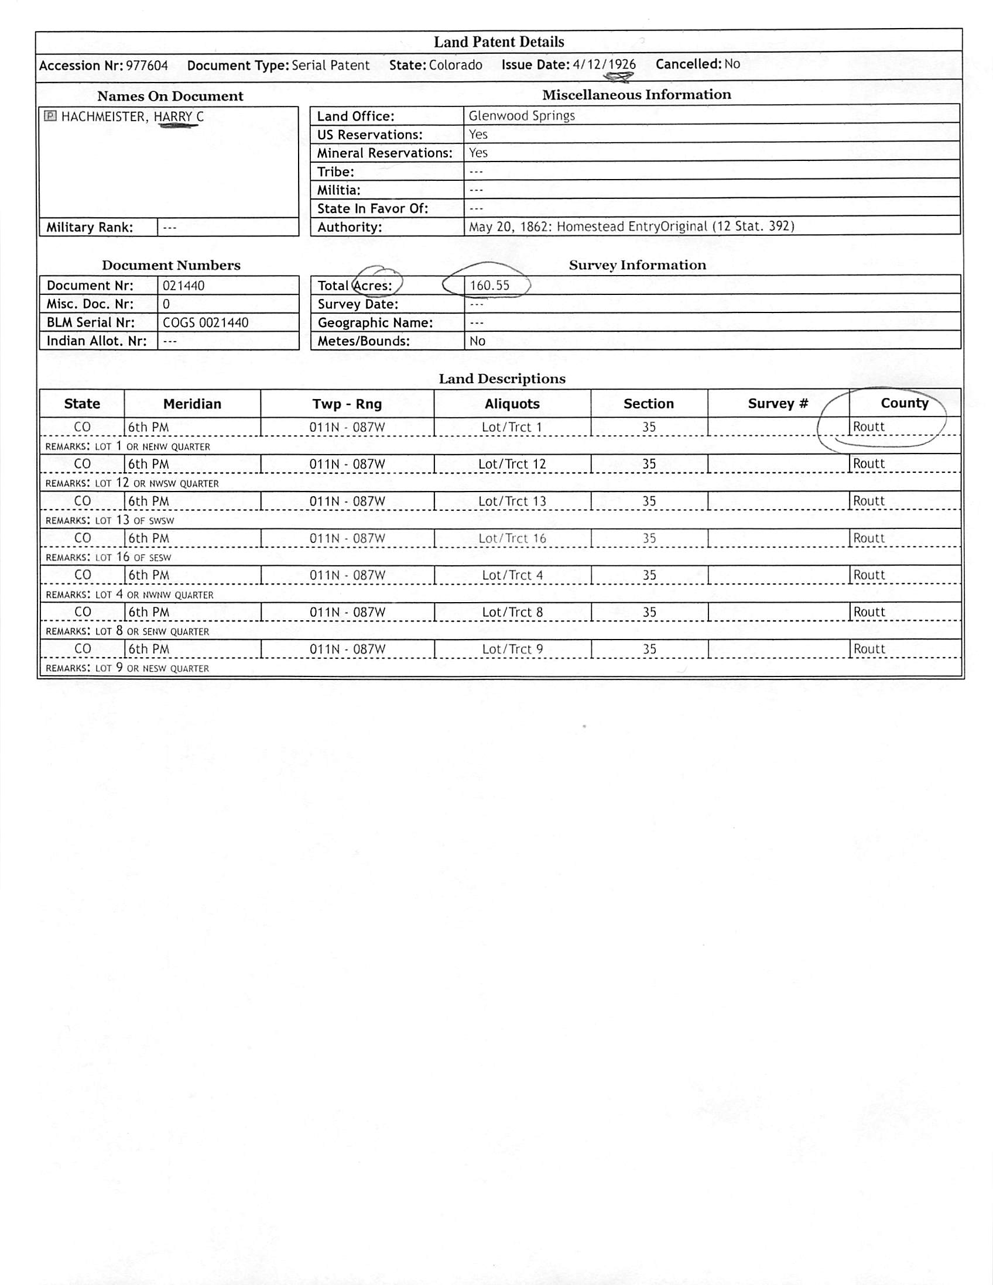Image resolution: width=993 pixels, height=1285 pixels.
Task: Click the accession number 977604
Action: click(146, 66)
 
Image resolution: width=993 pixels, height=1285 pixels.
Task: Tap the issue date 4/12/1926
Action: click(604, 64)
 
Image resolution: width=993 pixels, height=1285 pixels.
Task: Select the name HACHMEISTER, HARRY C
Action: click(132, 116)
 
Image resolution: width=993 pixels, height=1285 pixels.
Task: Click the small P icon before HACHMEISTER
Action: click(50, 116)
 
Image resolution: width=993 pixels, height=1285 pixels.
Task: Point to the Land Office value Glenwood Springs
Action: click(522, 115)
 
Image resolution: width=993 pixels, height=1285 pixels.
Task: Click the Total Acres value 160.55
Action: click(489, 286)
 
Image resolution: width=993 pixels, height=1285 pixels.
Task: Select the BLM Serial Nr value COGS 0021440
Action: click(206, 322)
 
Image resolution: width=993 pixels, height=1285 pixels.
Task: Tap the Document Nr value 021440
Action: click(184, 286)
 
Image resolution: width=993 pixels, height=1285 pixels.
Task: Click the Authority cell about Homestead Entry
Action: click(631, 226)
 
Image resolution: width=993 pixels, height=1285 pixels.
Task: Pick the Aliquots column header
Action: click(512, 404)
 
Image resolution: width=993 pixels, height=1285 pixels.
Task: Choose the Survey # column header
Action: click(778, 404)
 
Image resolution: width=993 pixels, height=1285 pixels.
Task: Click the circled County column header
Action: click(904, 403)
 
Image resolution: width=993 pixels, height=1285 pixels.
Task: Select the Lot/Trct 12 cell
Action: click(512, 463)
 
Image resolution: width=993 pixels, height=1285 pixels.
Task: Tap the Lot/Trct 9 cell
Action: click(512, 649)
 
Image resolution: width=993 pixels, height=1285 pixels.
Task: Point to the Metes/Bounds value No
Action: click(477, 341)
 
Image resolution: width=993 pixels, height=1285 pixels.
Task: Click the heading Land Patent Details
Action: click(499, 42)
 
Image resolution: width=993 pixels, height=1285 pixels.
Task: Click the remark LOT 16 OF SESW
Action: click(108, 556)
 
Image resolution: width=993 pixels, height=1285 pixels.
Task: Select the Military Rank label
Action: click(90, 227)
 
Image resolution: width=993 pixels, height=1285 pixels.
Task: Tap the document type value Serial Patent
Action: click(330, 66)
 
